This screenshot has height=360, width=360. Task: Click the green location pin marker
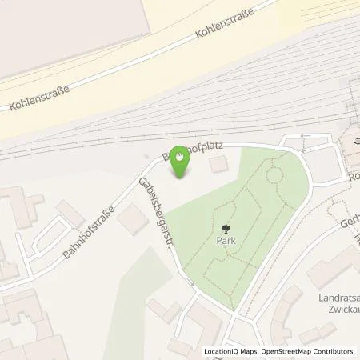(x=181, y=160)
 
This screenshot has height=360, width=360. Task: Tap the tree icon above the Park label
(x=224, y=227)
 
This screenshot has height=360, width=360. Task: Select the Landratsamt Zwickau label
(x=336, y=304)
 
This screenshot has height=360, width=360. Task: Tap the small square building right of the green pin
(x=217, y=166)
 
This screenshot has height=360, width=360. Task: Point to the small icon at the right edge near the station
(x=355, y=142)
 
